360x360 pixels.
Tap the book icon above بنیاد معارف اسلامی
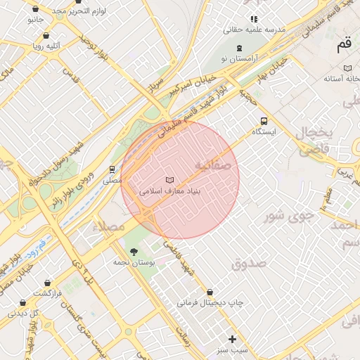point(169,180)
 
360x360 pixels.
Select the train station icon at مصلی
point(111,169)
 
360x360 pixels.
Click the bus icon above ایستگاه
point(264,120)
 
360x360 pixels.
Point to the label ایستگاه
point(264,131)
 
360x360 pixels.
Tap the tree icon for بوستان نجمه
point(134,251)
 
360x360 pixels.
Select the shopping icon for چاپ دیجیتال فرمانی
point(210,292)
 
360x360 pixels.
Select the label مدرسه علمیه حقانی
point(254,30)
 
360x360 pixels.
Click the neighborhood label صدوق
point(247,264)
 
